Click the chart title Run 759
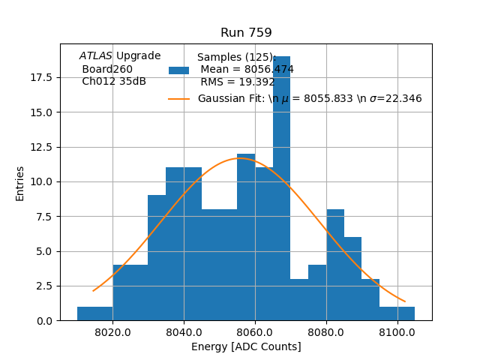coord(246,33)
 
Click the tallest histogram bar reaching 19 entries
coord(281,187)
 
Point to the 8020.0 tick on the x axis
coord(112,332)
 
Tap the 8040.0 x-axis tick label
coord(184,332)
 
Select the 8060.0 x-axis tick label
coord(255,332)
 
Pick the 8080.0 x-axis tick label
coord(326,332)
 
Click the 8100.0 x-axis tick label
coord(397,332)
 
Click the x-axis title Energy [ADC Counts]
coord(246,346)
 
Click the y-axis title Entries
coord(20,183)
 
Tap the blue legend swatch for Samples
coord(179,70)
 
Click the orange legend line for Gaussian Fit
coord(179,99)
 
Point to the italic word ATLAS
coord(96,56)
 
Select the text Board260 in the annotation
coord(107,69)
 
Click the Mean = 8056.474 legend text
coord(247,70)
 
